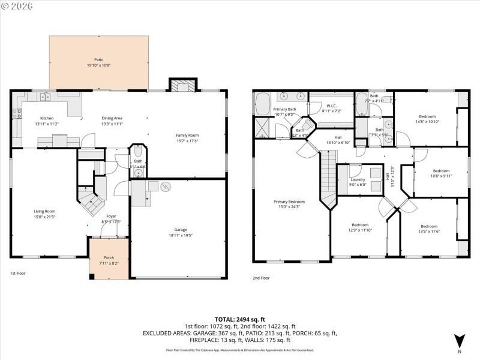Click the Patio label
(x=98, y=60)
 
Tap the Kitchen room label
(x=47, y=118)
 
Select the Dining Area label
(x=112, y=118)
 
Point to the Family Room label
(x=187, y=135)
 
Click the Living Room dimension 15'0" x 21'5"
(x=44, y=217)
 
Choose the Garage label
(x=181, y=230)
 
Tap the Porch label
(x=109, y=257)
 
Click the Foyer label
(x=112, y=216)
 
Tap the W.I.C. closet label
(x=331, y=106)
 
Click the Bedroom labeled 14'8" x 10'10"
(x=427, y=116)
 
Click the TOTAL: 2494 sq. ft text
(x=240, y=319)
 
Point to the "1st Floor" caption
(x=17, y=273)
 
